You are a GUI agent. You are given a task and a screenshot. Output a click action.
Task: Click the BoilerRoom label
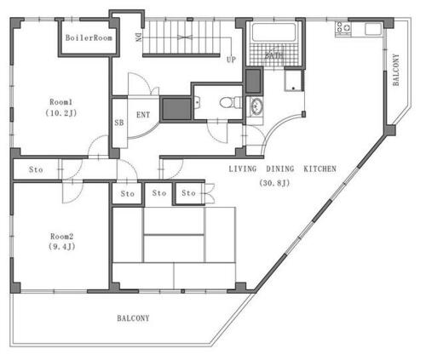[89, 37]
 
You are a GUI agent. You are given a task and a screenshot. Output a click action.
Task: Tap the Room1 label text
[61, 102]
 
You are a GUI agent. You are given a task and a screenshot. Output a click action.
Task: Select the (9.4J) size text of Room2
[62, 246]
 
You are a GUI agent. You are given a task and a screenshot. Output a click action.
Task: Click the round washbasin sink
[256, 107]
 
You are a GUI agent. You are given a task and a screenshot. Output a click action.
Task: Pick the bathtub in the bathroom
[274, 32]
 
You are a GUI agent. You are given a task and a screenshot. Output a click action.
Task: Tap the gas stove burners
[343, 28]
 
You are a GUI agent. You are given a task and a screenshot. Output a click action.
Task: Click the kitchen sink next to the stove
[373, 29]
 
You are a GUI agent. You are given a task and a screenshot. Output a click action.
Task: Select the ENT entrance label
[143, 115]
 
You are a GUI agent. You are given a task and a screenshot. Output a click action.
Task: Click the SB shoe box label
[119, 123]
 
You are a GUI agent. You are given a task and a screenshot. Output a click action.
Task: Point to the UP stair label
[231, 60]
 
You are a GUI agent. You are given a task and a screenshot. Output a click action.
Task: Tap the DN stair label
[138, 37]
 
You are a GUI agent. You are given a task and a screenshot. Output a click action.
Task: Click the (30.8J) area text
[274, 183]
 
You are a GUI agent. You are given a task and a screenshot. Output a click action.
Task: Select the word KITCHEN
[320, 169]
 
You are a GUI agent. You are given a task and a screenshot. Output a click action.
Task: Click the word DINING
[280, 169]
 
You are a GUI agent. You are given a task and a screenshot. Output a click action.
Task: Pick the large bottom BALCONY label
[133, 318]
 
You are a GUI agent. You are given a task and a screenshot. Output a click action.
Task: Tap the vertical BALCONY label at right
[396, 70]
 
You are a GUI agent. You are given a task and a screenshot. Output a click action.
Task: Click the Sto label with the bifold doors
[188, 193]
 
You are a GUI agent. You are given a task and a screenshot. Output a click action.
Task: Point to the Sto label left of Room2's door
[36, 169]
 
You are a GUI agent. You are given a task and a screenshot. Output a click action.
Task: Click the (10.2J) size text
[61, 113]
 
